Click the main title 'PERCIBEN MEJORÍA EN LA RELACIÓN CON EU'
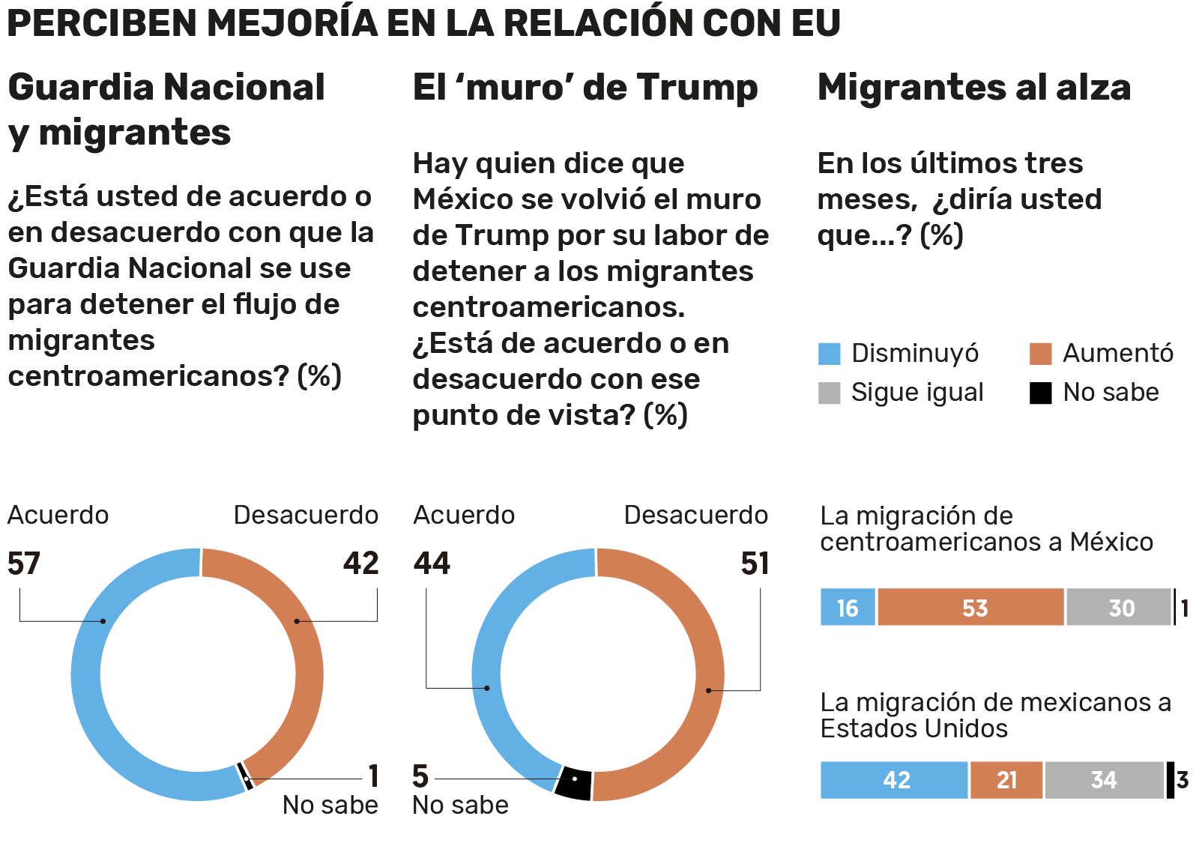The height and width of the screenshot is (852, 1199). (423, 22)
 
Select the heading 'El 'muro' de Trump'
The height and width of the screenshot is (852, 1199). (585, 88)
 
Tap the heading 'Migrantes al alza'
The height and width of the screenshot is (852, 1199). (973, 88)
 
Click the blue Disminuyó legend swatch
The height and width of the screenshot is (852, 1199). (829, 354)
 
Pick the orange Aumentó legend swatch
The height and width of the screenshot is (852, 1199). (1040, 354)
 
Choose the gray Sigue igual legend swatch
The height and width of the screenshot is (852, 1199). (829, 393)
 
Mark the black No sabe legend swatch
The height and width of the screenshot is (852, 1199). (1040, 393)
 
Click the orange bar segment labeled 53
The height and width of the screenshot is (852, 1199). (970, 607)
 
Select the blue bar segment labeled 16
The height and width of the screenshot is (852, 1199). (848, 607)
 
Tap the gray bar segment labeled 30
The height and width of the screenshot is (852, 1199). (1118, 607)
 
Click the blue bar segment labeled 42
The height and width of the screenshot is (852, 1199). (894, 780)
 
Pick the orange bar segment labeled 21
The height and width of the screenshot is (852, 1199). (1006, 780)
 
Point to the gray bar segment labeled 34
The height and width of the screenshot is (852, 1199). (1104, 780)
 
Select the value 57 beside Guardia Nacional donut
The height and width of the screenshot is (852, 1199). (24, 564)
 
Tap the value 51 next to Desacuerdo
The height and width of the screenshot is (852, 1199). (755, 564)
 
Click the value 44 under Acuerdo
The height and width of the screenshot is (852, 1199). (432, 564)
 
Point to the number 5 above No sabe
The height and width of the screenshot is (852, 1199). (420, 776)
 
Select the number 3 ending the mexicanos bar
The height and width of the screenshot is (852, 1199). (1183, 780)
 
